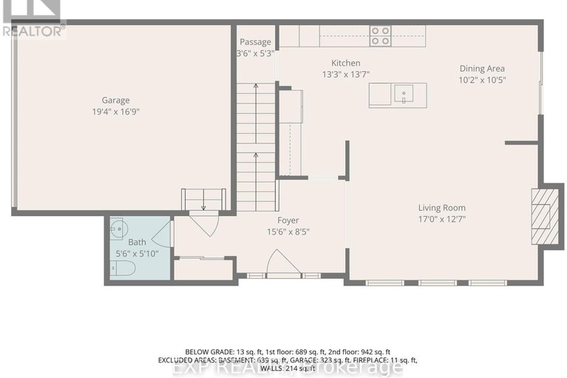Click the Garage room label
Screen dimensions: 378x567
click(x=115, y=100)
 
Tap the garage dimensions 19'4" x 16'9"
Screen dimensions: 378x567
click(x=115, y=112)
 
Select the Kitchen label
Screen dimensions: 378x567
click(x=345, y=64)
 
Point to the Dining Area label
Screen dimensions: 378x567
click(x=481, y=69)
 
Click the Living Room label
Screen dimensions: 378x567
click(x=441, y=208)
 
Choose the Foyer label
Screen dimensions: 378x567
click(x=288, y=220)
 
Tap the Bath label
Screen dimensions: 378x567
click(x=137, y=242)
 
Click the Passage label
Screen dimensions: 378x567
click(x=254, y=42)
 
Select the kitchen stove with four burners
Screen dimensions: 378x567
click(x=380, y=36)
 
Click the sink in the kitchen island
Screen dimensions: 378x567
click(x=404, y=95)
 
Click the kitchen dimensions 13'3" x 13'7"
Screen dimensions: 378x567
click(x=345, y=75)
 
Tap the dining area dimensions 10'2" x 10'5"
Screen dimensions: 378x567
click(x=481, y=81)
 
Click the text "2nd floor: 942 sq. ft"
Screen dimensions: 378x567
click(x=362, y=351)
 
